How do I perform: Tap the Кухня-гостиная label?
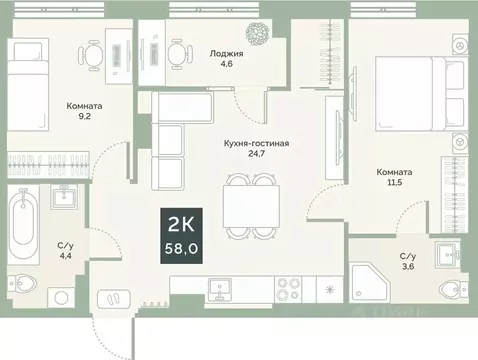256,143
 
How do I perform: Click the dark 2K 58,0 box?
183,233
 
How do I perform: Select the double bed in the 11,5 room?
409,96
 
